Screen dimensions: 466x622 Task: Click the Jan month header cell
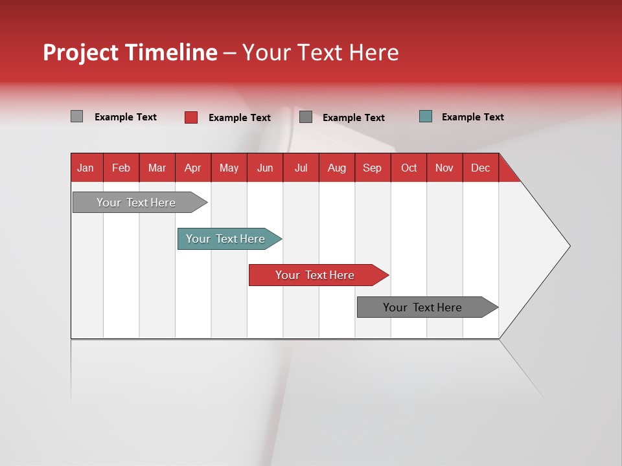(86, 168)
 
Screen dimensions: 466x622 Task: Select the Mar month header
(157, 168)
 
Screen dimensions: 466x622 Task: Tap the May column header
(229, 168)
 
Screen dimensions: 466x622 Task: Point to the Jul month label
(301, 168)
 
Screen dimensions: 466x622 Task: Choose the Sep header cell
(372, 168)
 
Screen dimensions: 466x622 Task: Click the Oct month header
(409, 168)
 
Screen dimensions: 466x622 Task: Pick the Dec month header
(480, 168)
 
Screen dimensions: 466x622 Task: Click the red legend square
(191, 117)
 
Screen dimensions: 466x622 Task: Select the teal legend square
(426, 116)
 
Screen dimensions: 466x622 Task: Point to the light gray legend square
(76, 116)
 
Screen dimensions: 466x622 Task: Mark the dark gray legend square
(306, 117)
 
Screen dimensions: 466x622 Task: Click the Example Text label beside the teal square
(472, 117)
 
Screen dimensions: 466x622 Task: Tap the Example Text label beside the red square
(239, 118)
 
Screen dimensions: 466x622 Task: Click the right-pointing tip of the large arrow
(568, 246)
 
